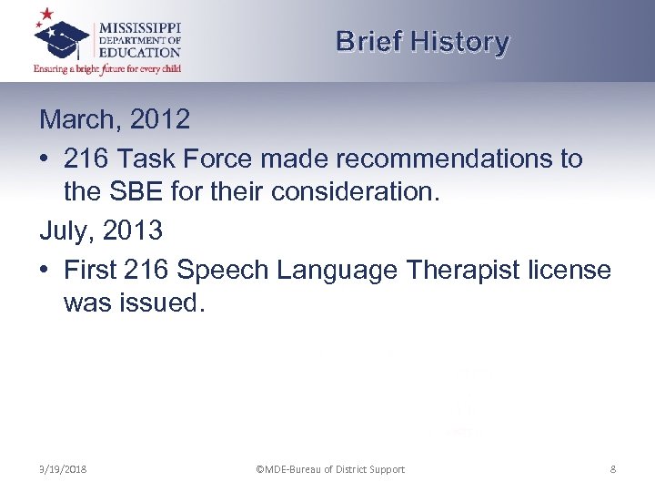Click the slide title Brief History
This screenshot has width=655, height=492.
coord(422,42)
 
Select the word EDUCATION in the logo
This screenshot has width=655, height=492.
coord(140,52)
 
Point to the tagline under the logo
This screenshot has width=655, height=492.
coord(107,68)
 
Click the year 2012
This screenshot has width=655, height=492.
coord(161,119)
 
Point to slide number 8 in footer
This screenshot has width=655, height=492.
coord(612,469)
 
